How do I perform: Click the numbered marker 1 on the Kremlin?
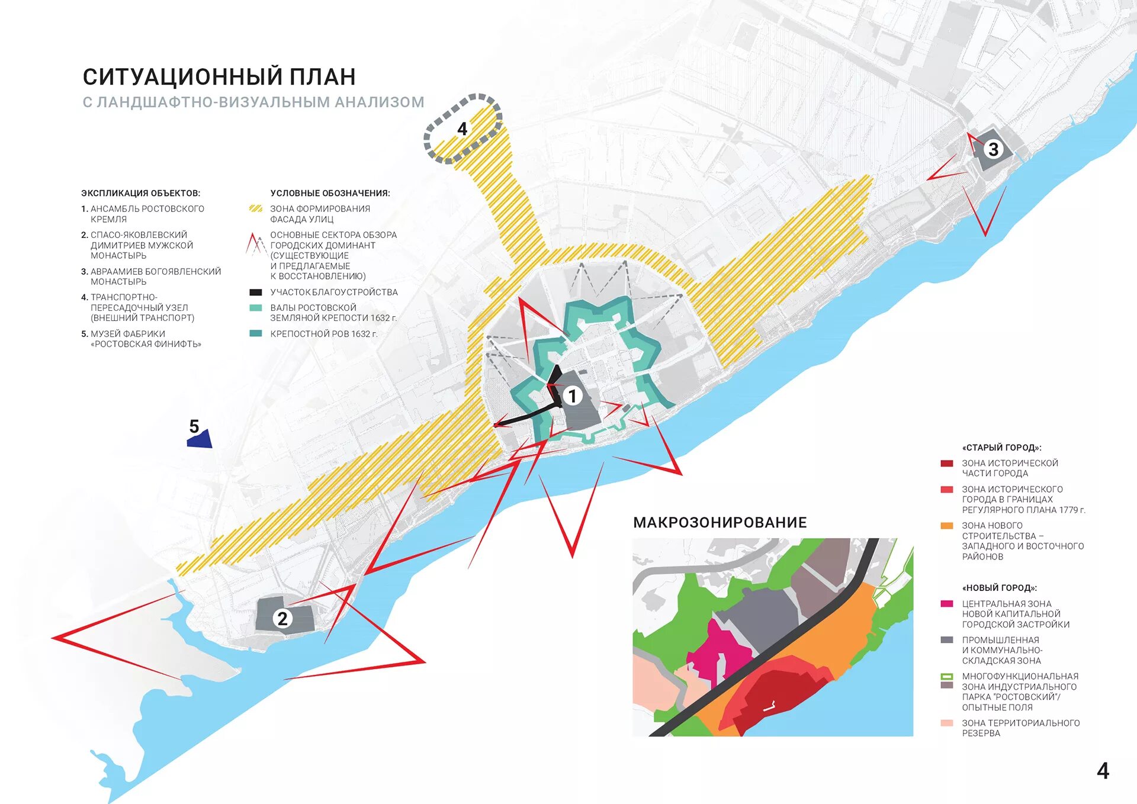(x=572, y=395)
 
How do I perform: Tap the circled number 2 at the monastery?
(x=282, y=619)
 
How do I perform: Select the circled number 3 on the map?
(x=993, y=149)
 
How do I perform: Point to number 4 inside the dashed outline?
(x=462, y=129)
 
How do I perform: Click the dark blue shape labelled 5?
(x=200, y=439)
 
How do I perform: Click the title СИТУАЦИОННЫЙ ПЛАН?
(x=219, y=77)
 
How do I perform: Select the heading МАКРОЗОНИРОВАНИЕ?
(x=720, y=522)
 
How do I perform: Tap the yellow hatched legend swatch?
(x=256, y=209)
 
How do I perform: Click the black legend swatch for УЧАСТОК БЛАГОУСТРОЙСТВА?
(x=256, y=292)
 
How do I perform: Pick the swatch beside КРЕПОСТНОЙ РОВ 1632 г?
(x=256, y=334)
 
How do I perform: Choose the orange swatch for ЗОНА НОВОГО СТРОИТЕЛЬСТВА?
(x=947, y=526)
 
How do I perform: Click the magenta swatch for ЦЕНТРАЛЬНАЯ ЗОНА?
(x=947, y=604)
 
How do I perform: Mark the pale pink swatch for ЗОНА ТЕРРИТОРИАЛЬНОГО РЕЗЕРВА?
(x=947, y=723)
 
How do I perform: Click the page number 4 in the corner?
(x=1103, y=771)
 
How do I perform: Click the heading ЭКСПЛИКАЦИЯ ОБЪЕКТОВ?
(x=140, y=193)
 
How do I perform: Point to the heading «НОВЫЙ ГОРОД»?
(x=1000, y=588)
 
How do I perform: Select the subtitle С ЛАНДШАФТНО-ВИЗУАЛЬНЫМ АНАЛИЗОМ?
(x=253, y=102)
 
